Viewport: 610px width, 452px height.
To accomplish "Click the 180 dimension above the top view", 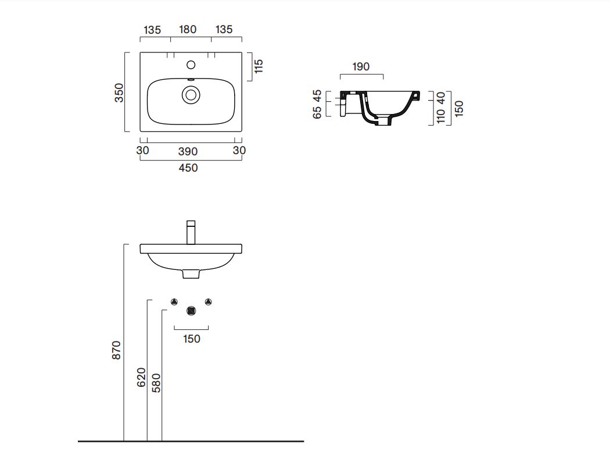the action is pos(188,30).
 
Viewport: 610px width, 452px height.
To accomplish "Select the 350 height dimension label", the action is pos(119,92).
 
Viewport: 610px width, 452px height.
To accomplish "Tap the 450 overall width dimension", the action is pos(188,168).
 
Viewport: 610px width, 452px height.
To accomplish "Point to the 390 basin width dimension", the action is pos(188,152).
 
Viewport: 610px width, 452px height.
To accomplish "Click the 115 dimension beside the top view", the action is pos(259,66).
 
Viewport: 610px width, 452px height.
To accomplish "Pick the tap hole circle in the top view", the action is pos(191,65).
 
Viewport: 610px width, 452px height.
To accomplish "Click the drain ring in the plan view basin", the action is pos(191,95).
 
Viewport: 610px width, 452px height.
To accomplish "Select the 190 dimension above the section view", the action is pos(361,67).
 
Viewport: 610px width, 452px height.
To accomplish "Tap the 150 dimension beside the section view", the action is pos(459,108).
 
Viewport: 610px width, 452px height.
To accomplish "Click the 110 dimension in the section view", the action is pos(441,116).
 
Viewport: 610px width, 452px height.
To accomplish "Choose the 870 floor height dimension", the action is pos(116,350).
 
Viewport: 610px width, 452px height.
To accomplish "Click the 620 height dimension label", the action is pos(141,377).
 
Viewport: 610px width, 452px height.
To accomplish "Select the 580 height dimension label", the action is pos(156,383).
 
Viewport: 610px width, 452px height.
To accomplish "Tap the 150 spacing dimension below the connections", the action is pos(192,339).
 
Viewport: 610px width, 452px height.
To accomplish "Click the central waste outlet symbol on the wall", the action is pos(191,311).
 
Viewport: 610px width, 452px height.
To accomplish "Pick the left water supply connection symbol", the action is pos(174,301).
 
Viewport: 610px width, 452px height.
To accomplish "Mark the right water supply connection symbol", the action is pos(208,301).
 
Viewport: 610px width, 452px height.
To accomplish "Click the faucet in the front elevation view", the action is pos(191,233).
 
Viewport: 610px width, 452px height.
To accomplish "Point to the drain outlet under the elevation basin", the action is pos(191,274).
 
